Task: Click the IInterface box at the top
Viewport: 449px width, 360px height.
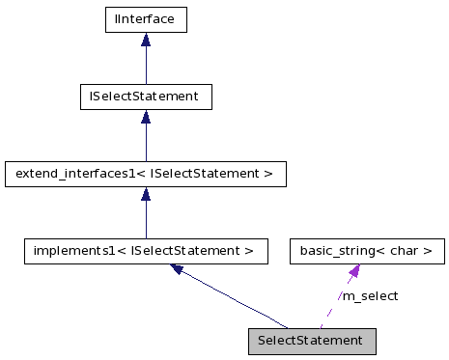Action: pos(145,18)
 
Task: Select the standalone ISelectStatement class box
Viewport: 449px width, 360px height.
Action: pos(145,97)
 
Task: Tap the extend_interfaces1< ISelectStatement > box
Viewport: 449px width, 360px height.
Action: pos(145,175)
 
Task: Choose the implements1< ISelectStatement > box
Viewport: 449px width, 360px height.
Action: pos(145,252)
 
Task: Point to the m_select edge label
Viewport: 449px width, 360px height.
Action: pos(370,296)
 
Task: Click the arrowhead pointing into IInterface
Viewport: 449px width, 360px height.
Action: pos(145,40)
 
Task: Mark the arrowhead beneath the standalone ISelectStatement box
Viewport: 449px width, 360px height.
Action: pos(145,118)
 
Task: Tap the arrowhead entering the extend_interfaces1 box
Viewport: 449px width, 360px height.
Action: pos(145,195)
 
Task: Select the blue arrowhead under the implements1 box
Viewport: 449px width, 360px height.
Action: pos(179,270)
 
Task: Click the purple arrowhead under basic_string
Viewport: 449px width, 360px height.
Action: pos(354,272)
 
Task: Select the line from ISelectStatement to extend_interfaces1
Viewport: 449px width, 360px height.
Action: pos(145,143)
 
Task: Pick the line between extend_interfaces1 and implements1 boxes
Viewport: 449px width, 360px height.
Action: pos(145,221)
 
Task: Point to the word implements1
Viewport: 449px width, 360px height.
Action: pos(67,252)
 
